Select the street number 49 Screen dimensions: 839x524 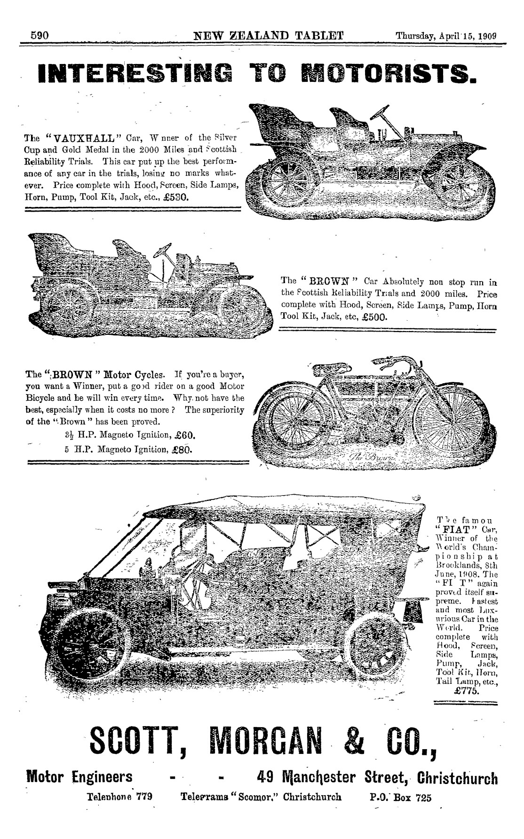[x=268, y=777]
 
